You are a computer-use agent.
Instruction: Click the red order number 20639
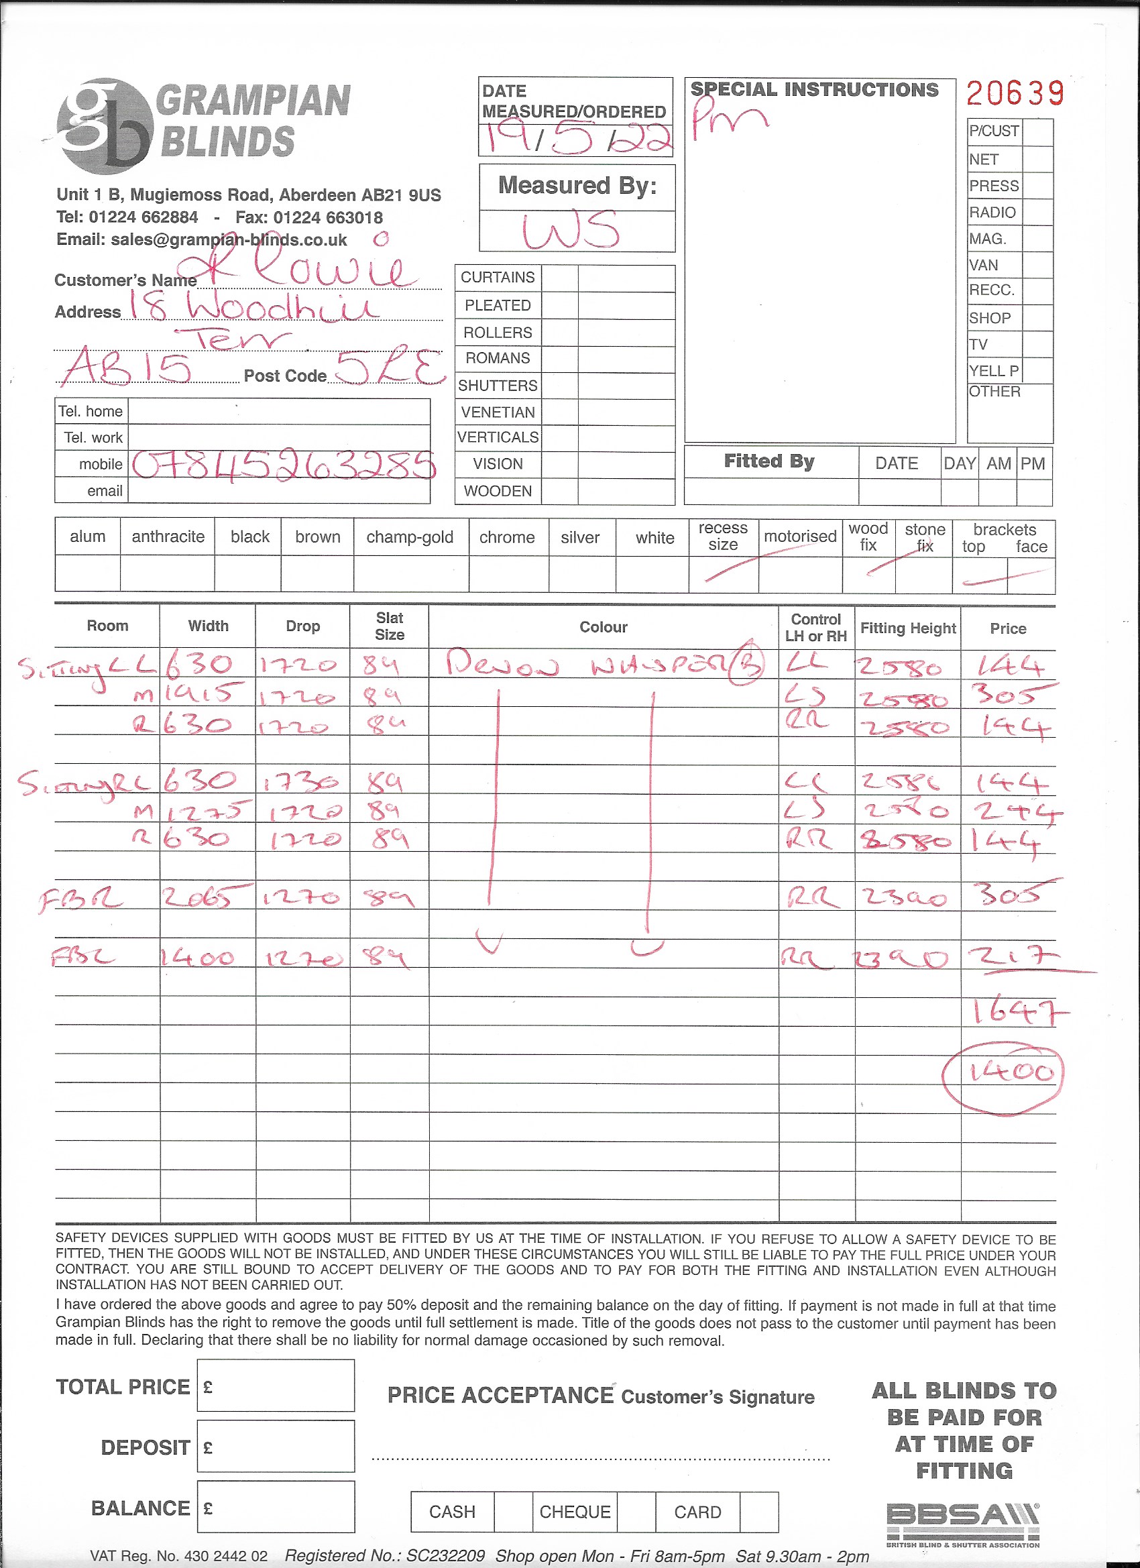click(x=1014, y=93)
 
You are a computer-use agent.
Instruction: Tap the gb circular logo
click(x=105, y=125)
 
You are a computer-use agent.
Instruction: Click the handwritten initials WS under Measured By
click(x=571, y=230)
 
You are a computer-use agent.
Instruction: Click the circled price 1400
click(x=1009, y=1072)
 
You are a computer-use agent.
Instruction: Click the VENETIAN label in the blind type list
click(x=498, y=412)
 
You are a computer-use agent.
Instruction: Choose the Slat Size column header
click(x=389, y=626)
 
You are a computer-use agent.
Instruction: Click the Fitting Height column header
click(x=907, y=628)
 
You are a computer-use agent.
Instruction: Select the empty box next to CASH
click(x=513, y=1511)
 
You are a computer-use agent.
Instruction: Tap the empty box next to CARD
click(x=758, y=1511)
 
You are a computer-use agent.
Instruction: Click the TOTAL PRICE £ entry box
click(x=275, y=1386)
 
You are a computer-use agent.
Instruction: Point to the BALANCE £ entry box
click(x=275, y=1507)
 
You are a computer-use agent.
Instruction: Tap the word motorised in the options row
click(x=800, y=537)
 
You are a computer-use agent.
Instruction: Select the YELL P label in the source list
click(x=993, y=371)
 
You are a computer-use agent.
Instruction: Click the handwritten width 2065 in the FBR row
click(x=207, y=897)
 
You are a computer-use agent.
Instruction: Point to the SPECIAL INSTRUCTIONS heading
click(x=814, y=89)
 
